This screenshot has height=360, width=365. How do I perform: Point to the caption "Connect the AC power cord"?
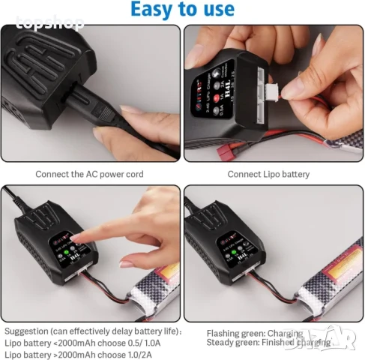(89, 174)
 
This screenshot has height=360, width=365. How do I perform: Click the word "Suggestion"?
(27, 331)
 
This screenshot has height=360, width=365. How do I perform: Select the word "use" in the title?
(218, 10)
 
